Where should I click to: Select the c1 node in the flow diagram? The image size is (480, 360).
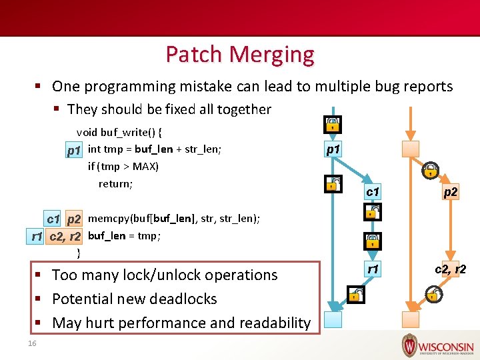point(373,193)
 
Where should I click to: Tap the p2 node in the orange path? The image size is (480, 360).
point(451,193)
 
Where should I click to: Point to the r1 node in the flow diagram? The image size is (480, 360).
point(373,269)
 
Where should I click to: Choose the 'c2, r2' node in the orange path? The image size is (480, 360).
point(450,269)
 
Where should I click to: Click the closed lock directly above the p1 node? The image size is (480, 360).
point(332,125)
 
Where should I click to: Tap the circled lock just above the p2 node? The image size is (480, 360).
point(431,169)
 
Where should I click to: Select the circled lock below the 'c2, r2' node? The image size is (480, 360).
point(433,293)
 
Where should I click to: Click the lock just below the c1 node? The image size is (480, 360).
point(372,213)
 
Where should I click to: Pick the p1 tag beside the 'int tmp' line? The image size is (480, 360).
point(75,151)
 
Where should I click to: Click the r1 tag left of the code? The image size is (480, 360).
point(37,236)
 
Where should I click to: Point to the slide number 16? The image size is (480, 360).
point(32,343)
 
